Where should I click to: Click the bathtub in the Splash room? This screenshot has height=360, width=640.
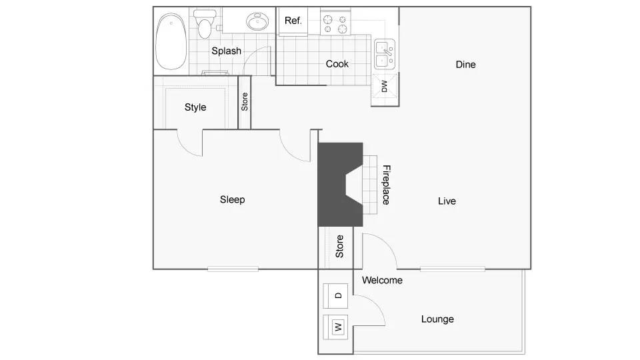pyautogui.click(x=171, y=43)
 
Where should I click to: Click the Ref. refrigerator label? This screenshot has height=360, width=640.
pyautogui.click(x=293, y=21)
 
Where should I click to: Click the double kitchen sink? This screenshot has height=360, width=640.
pyautogui.click(x=385, y=54)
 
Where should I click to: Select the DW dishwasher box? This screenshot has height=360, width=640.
pyautogui.click(x=385, y=86)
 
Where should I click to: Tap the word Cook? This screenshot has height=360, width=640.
pyautogui.click(x=337, y=64)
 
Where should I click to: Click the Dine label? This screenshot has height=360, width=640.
pyautogui.click(x=465, y=65)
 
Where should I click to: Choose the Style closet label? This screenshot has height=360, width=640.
pyautogui.click(x=195, y=107)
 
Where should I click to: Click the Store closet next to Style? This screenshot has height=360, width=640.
pyautogui.click(x=245, y=102)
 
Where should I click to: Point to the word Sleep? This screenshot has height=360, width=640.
pyautogui.click(x=233, y=199)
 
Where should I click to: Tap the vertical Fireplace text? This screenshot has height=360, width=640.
pyautogui.click(x=385, y=185)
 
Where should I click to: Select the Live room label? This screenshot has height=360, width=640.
pyautogui.click(x=447, y=201)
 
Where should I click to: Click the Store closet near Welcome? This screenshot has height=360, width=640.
pyautogui.click(x=339, y=247)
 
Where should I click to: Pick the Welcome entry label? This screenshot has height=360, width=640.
pyautogui.click(x=382, y=280)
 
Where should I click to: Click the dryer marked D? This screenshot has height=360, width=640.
pyautogui.click(x=338, y=295)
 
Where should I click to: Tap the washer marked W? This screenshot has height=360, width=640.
pyautogui.click(x=338, y=327)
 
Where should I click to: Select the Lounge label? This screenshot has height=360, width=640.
pyautogui.click(x=437, y=319)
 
